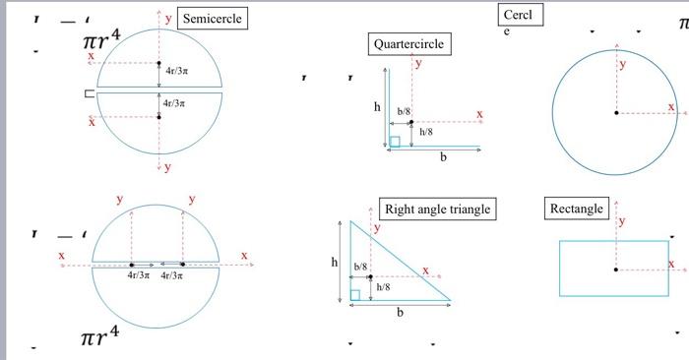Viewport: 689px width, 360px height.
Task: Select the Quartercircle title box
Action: pyautogui.click(x=408, y=44)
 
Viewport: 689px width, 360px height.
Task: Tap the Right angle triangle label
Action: pyautogui.click(x=437, y=209)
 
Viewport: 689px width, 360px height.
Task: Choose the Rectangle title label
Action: pyautogui.click(x=576, y=209)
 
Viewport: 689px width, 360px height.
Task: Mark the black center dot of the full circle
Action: pyautogui.click(x=617, y=114)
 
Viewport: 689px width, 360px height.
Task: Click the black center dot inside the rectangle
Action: pyautogui.click(x=617, y=268)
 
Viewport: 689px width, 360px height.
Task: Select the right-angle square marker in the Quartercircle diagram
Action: pyautogui.click(x=395, y=141)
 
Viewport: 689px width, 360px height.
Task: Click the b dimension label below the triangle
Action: pyautogui.click(x=400, y=313)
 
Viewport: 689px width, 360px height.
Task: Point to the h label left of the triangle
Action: pyautogui.click(x=335, y=263)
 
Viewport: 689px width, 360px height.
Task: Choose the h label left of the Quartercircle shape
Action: pyautogui.click(x=376, y=107)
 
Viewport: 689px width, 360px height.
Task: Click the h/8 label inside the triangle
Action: pyautogui.click(x=383, y=287)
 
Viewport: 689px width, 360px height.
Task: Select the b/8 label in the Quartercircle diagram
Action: pyautogui.click(x=404, y=113)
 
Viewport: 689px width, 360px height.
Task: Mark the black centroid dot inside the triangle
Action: pyautogui.click(x=370, y=277)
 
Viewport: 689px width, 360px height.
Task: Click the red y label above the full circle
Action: pyautogui.click(x=621, y=64)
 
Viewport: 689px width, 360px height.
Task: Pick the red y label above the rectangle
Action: pyautogui.click(x=621, y=220)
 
